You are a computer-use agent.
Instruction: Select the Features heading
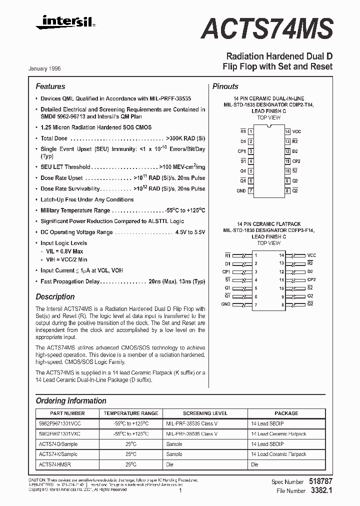point(50,86)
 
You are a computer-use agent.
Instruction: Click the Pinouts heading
point(225,86)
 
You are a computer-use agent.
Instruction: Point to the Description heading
point(55,296)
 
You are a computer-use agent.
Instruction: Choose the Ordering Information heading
point(71,400)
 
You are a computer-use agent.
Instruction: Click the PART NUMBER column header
point(67,413)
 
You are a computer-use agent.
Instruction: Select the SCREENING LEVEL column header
point(205,413)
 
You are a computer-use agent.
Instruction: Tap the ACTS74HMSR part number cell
point(54,464)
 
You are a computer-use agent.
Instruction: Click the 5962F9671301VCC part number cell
point(59,423)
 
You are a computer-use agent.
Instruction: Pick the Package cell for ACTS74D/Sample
point(267,444)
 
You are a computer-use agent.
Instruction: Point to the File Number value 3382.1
point(320,491)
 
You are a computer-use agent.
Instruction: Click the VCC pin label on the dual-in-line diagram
point(296,131)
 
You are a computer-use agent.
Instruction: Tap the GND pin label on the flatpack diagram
point(226,304)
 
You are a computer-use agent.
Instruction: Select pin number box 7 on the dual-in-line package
point(251,190)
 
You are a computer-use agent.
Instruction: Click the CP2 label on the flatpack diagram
point(311,279)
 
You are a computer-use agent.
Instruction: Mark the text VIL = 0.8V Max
point(64,251)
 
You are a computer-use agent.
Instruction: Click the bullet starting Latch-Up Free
point(87,199)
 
